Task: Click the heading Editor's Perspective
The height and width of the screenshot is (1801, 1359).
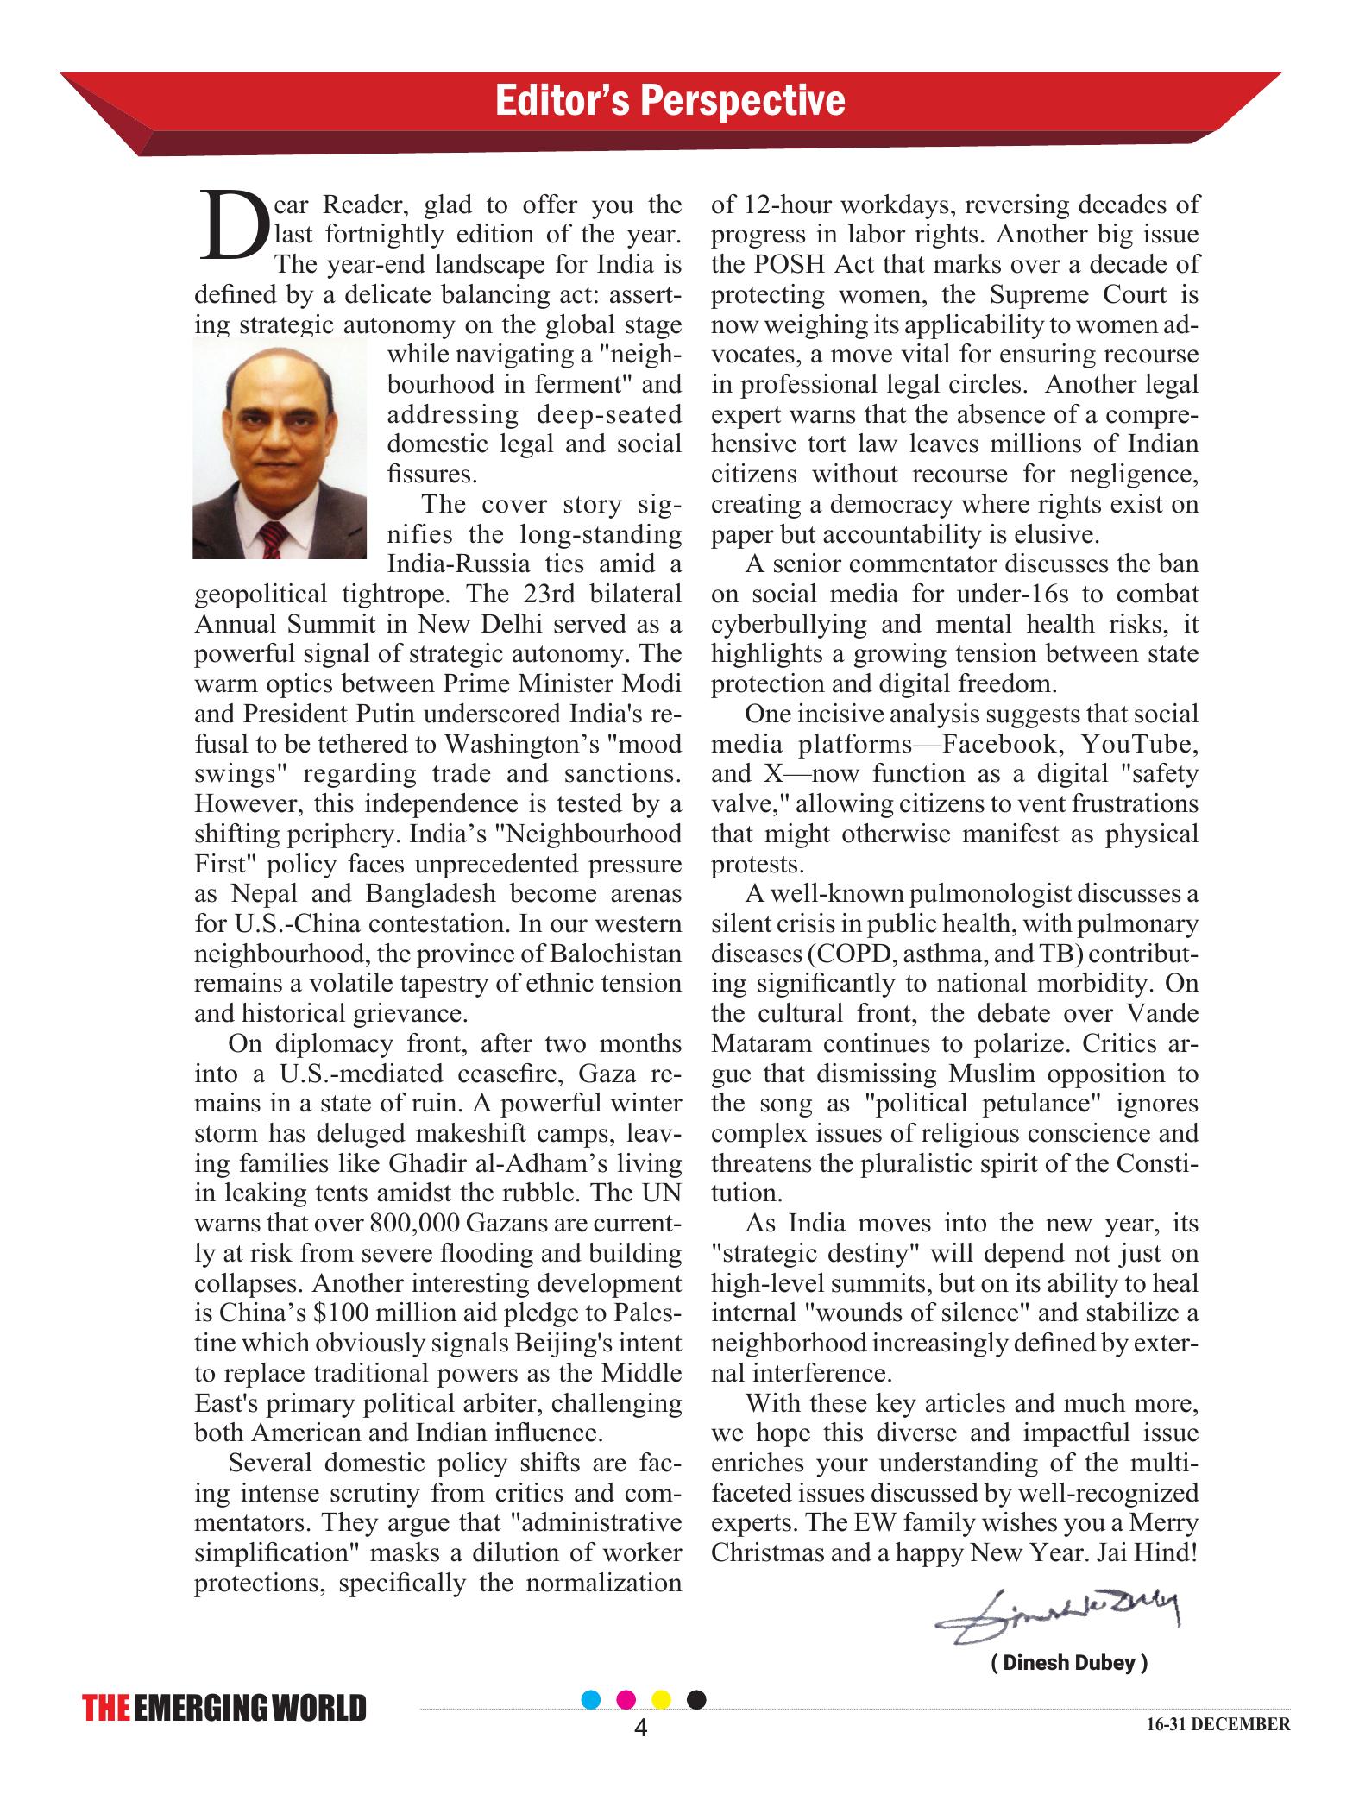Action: point(670,101)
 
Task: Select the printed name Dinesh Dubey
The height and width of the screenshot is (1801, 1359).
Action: point(1069,1663)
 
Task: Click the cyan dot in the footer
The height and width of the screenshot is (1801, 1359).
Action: point(592,1699)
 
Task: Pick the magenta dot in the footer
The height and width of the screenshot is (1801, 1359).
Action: point(627,1699)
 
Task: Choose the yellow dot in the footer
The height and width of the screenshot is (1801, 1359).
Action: point(662,1699)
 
